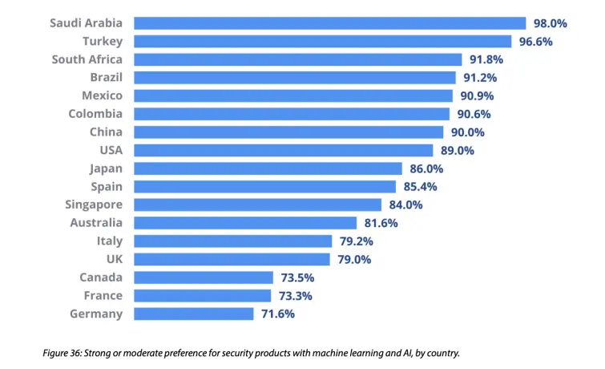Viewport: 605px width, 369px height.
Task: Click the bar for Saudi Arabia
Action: (x=329, y=23)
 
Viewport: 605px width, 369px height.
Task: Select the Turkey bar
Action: (x=322, y=42)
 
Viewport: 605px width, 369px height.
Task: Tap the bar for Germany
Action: (x=193, y=314)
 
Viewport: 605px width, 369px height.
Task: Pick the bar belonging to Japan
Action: (x=267, y=168)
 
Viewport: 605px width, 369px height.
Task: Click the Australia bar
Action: (x=244, y=223)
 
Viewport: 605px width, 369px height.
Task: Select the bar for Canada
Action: (x=203, y=278)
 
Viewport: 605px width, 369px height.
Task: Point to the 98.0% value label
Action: (x=551, y=23)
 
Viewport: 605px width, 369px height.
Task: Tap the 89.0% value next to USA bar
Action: (x=458, y=150)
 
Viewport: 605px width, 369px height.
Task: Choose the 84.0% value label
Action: (x=405, y=205)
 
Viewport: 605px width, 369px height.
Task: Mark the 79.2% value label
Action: (x=356, y=241)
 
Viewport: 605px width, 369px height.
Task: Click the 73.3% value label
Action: (x=296, y=295)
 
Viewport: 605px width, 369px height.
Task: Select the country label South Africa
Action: (x=87, y=59)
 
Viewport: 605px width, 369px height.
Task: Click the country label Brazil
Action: (x=106, y=78)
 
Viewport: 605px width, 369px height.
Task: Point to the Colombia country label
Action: (x=95, y=114)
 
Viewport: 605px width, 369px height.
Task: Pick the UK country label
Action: (x=114, y=259)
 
